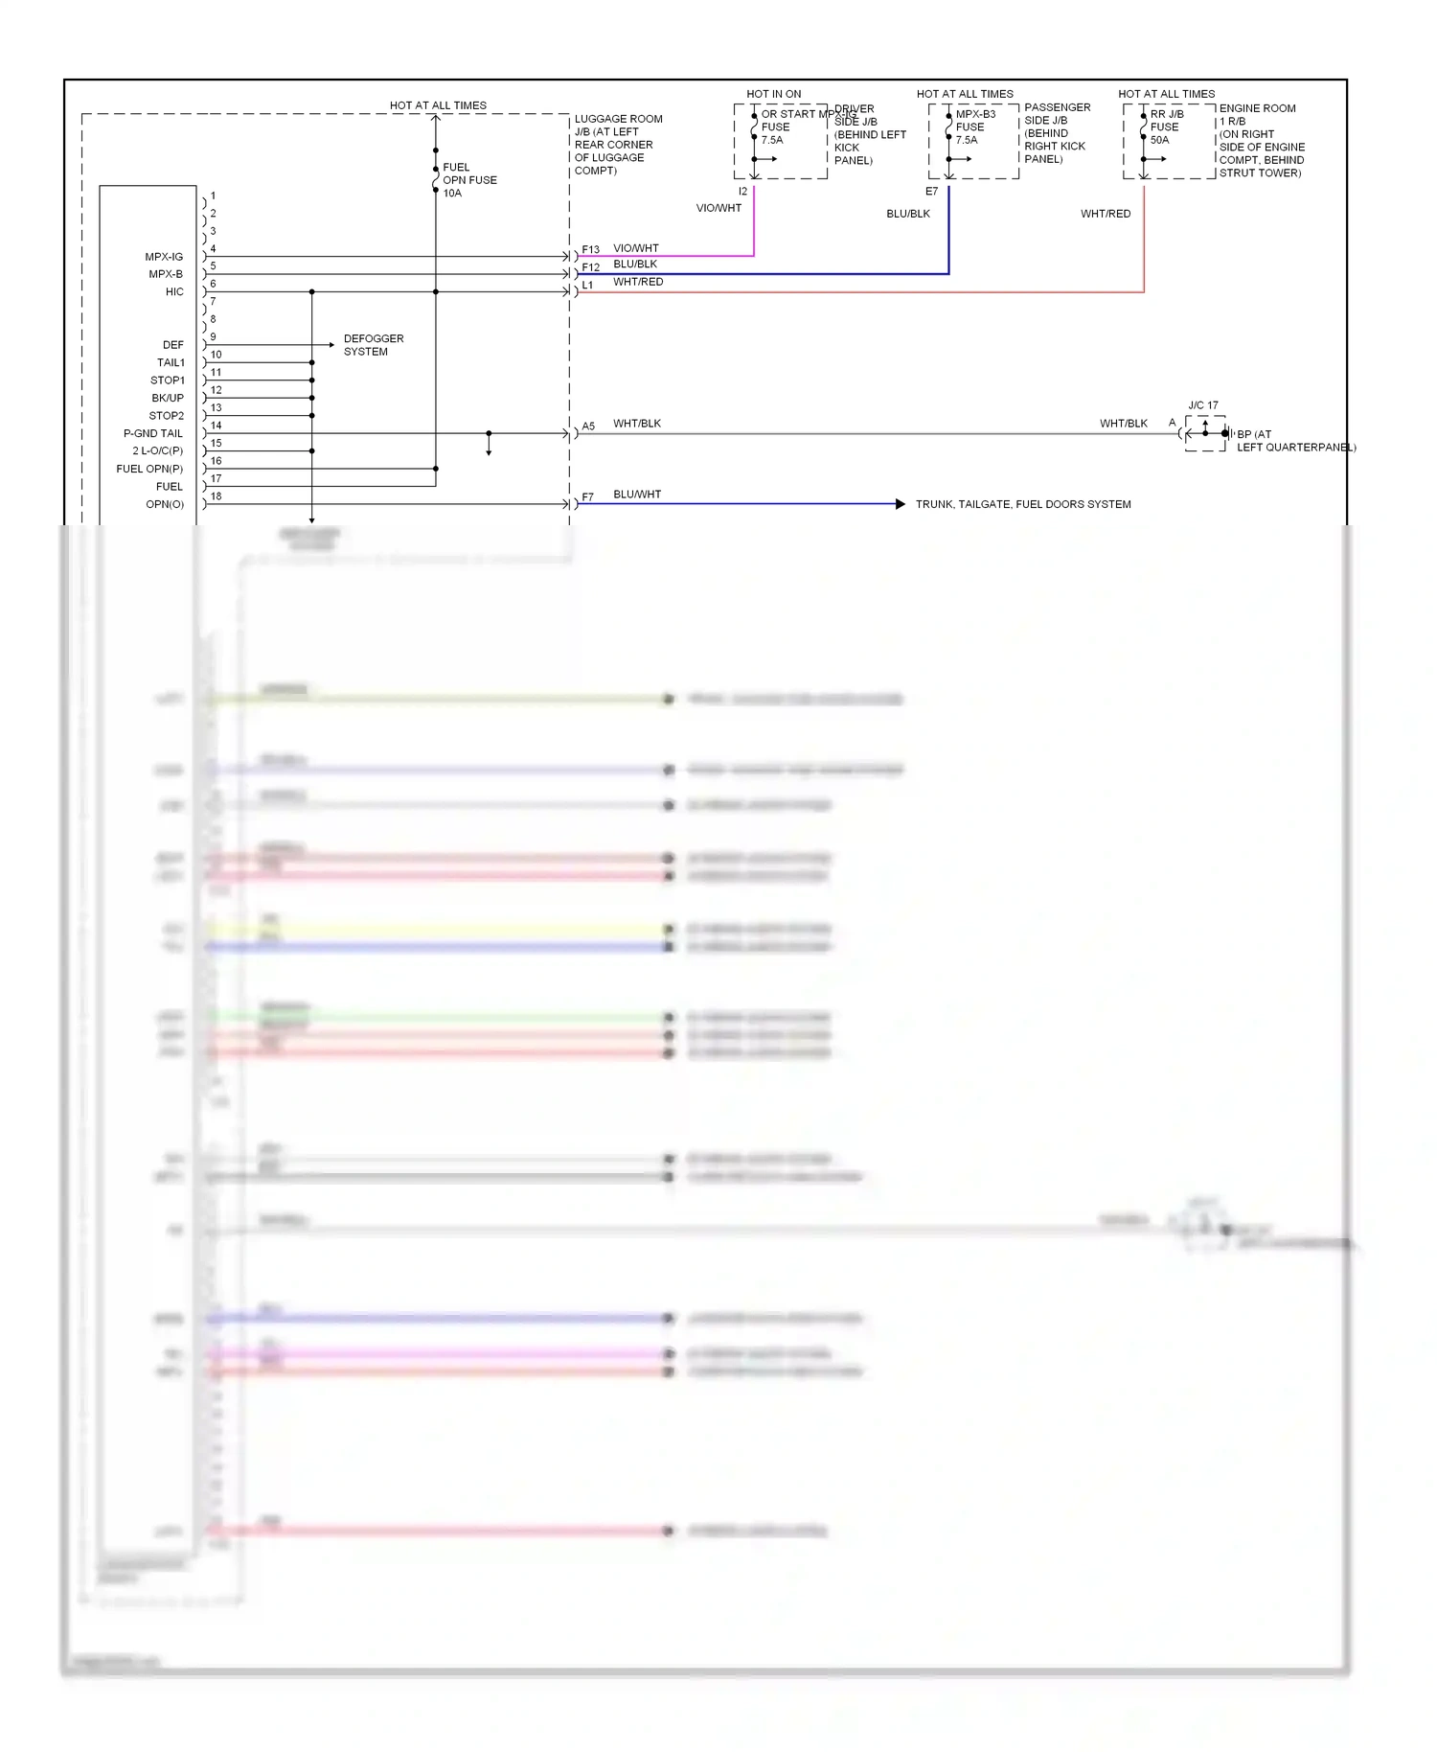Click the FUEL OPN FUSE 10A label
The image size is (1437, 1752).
tap(468, 180)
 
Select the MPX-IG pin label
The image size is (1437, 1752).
tap(164, 257)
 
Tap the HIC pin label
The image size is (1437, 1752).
tap(174, 292)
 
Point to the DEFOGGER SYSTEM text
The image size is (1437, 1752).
tap(374, 345)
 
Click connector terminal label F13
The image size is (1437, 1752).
tap(590, 250)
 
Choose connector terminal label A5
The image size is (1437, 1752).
tap(588, 426)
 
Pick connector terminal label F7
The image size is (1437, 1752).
tap(588, 497)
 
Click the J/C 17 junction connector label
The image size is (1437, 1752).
tap(1203, 405)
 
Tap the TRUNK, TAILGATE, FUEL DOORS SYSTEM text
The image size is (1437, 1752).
tap(1023, 504)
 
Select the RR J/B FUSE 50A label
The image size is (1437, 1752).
tap(1166, 127)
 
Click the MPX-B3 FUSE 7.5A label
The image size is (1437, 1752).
tap(974, 127)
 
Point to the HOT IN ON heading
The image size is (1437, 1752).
tap(774, 94)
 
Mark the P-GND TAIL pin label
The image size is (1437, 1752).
tap(153, 433)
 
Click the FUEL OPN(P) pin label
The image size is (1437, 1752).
tap(149, 469)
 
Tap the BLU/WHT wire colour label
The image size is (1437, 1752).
tap(637, 495)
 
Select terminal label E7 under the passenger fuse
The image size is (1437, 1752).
tap(931, 192)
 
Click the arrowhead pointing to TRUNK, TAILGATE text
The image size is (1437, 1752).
tap(900, 504)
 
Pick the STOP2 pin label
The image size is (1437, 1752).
tap(167, 416)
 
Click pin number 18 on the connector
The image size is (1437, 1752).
tap(217, 496)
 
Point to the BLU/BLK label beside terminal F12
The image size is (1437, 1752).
tap(635, 265)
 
